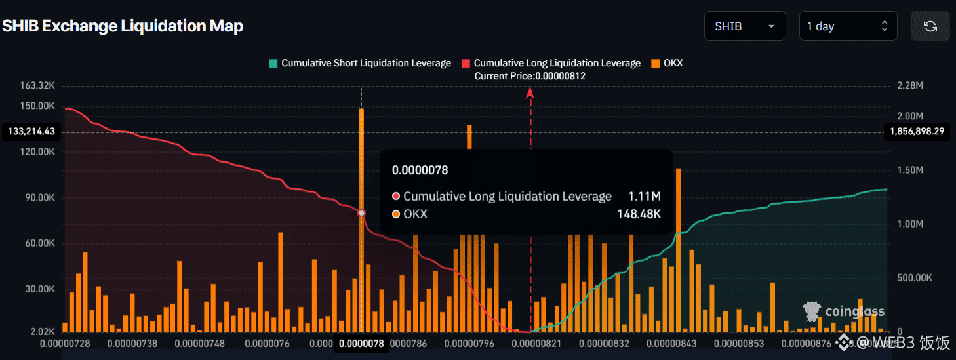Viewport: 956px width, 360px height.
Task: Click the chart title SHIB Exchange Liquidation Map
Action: pos(123,26)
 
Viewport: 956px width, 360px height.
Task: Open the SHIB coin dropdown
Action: pos(745,26)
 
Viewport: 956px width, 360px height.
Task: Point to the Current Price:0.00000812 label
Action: pos(530,76)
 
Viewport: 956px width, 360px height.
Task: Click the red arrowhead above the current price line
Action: pos(530,92)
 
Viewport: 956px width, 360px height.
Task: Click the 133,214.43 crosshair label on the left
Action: pos(31,132)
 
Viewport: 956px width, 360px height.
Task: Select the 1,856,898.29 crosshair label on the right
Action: pos(917,132)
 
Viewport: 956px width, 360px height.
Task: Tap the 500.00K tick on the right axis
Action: pos(914,278)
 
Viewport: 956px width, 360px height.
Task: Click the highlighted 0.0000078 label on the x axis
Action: pos(361,343)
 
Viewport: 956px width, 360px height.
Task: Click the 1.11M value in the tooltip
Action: pos(644,196)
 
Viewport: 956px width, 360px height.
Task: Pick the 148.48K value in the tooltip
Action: pos(639,214)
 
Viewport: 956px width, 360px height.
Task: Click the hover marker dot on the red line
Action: pos(361,213)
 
